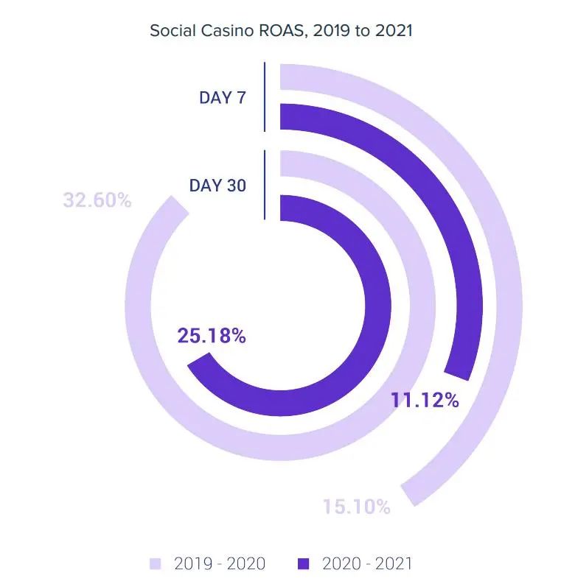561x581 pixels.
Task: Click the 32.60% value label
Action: pos(97,200)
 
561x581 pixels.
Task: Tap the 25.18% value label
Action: pos(211,337)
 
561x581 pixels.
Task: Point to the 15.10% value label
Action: pos(356,507)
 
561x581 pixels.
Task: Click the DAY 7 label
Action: pos(222,97)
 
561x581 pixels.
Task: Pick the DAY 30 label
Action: pos(217,186)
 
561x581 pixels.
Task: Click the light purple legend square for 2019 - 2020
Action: pos(156,564)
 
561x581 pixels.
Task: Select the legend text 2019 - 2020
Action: pos(219,564)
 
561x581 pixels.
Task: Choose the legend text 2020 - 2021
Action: pos(367,564)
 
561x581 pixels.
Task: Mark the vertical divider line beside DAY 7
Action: pos(265,97)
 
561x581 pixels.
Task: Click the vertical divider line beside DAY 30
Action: pos(265,185)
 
